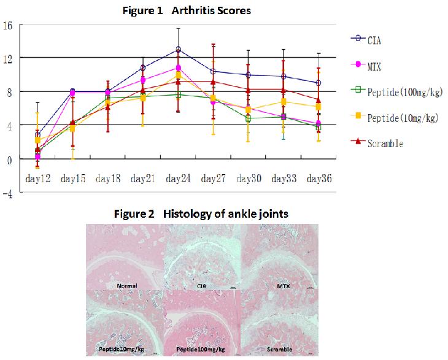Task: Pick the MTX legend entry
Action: click(x=376, y=66)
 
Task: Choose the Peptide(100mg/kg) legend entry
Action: click(x=405, y=93)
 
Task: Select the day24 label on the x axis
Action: click(x=178, y=178)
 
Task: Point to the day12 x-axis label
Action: click(x=37, y=178)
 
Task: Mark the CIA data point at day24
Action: click(x=178, y=49)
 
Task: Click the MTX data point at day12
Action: click(x=37, y=157)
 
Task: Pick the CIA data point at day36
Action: click(x=318, y=83)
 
